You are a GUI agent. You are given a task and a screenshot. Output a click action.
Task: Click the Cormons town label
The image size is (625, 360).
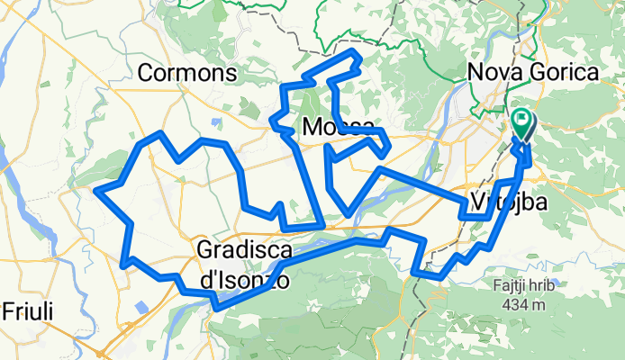(x=189, y=71)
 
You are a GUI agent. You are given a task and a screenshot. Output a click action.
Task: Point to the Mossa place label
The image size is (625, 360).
(x=338, y=126)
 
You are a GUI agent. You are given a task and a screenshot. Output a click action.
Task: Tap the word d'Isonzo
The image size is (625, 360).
(x=244, y=279)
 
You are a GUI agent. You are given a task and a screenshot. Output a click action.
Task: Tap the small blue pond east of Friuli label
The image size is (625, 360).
(x=141, y=308)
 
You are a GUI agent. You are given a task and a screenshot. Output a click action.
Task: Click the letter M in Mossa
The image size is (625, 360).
(x=312, y=126)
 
